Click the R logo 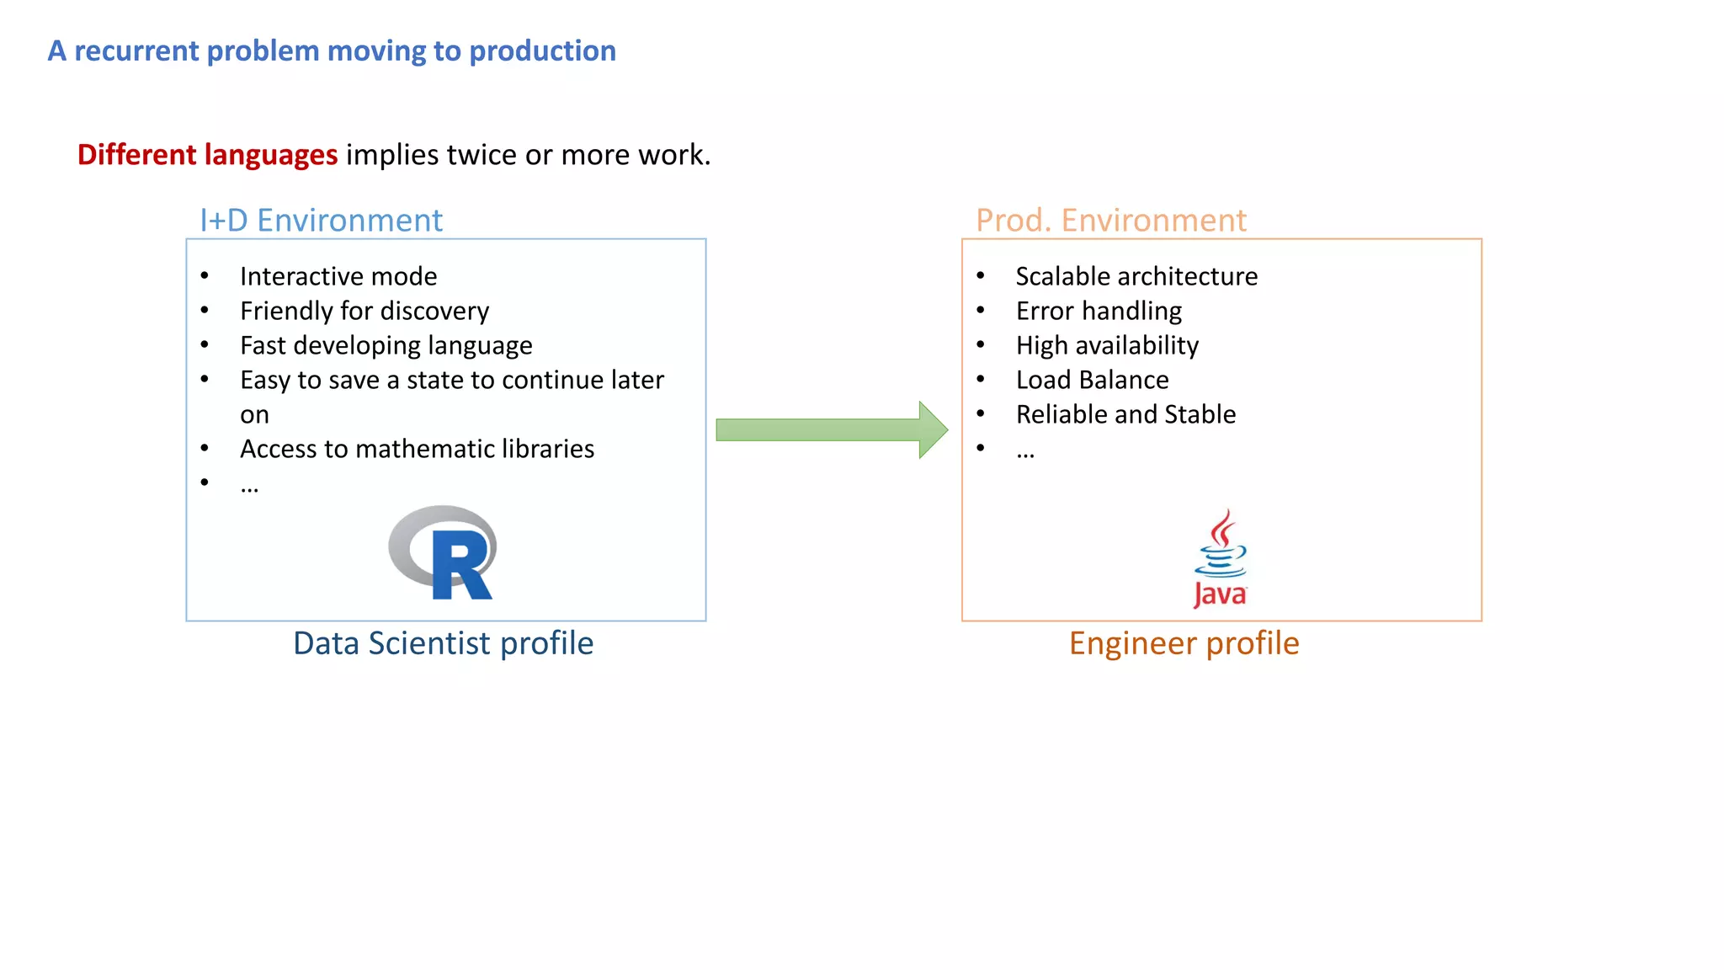coord(444,552)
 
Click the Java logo coord(1221,559)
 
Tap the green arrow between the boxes coord(831,430)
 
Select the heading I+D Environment coord(321,221)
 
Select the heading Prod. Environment coord(1110,221)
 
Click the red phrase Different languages coord(207,155)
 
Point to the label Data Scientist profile coord(443,643)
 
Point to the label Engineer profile coord(1184,643)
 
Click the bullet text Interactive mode coord(338,276)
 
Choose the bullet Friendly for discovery coord(364,311)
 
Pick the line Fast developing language coord(386,345)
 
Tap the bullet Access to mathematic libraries coord(417,449)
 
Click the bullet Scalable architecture coord(1136,276)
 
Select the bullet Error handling coord(1099,311)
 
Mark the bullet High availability coord(1107,345)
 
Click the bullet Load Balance coord(1092,380)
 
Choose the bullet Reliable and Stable coord(1125,414)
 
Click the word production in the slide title coord(542,51)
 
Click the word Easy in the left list coord(265,381)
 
